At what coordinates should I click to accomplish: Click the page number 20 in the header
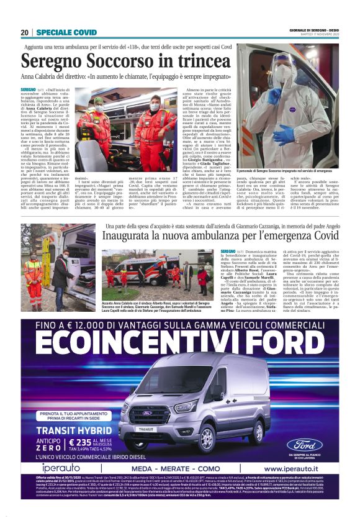coord(25,32)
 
